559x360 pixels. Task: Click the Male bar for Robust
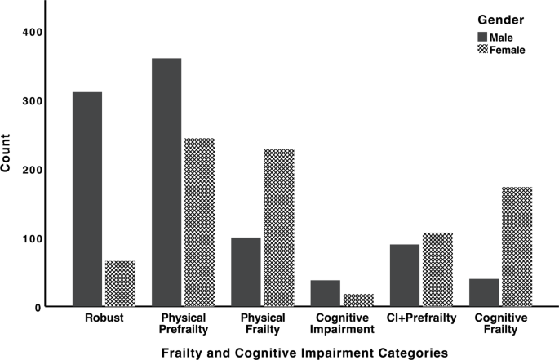coord(87,199)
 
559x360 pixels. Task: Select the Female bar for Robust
coord(120,284)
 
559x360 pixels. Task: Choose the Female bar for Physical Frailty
coord(278,228)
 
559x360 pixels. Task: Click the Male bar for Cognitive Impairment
coord(325,293)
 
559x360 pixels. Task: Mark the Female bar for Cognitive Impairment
coord(357,300)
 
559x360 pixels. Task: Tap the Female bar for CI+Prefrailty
coord(437,269)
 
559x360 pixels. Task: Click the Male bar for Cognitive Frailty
coord(483,292)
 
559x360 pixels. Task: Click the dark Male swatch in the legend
coord(481,37)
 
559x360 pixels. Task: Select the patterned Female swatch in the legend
coord(481,49)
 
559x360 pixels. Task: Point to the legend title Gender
coord(499,20)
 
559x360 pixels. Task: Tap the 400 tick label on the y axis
coord(30,32)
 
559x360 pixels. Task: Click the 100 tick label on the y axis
coord(30,238)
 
